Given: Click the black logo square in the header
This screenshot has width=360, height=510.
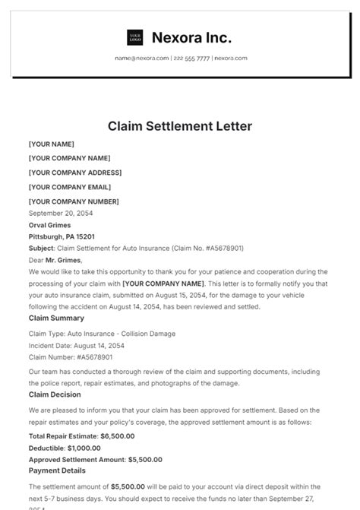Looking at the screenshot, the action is click(134, 37).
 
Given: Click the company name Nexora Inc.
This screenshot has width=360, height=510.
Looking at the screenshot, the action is click(191, 37).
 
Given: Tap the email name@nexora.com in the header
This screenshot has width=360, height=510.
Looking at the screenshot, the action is click(142, 58).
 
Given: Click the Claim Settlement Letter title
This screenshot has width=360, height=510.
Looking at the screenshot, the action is click(180, 125).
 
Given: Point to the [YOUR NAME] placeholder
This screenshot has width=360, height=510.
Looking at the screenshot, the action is click(52, 144).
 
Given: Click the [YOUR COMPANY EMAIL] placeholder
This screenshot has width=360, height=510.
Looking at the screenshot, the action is click(69, 187).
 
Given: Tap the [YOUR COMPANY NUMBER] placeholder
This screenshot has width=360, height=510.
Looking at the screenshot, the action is click(74, 201).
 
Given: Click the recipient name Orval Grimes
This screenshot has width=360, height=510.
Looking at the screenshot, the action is click(49, 226).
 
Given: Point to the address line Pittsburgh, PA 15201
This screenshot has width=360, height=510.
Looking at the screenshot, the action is click(62, 237).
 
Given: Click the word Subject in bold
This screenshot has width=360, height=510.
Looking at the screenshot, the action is click(41, 248).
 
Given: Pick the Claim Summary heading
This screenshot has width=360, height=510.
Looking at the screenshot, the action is click(56, 318).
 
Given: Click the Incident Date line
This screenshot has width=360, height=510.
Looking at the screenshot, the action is click(76, 345).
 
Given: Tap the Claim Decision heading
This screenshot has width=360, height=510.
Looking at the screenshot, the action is click(55, 394).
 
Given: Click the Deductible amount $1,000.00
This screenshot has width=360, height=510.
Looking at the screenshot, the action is click(90, 448).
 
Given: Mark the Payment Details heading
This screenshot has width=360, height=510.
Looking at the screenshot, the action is click(57, 471).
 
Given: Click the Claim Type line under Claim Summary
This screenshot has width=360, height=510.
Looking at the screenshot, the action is click(102, 334).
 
